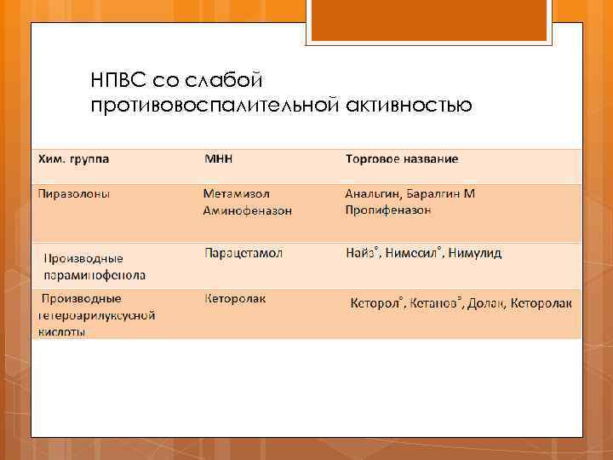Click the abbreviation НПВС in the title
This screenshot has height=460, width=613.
(118, 81)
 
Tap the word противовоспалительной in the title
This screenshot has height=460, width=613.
(215, 105)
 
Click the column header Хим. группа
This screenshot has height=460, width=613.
(73, 159)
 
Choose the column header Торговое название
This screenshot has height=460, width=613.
(402, 159)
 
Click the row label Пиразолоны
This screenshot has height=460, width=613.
(73, 193)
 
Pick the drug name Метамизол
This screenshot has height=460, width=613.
(238, 193)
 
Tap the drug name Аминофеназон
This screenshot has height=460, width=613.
(247, 210)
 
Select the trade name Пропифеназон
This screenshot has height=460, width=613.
(387, 209)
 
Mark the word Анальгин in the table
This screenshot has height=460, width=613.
(371, 193)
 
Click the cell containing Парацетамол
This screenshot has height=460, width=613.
(243, 253)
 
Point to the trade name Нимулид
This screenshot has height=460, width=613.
(477, 253)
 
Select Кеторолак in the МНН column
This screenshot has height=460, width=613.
(236, 299)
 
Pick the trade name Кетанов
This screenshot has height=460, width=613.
(436, 303)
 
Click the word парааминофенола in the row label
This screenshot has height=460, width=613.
(95, 275)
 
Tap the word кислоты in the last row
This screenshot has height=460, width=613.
(60, 331)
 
